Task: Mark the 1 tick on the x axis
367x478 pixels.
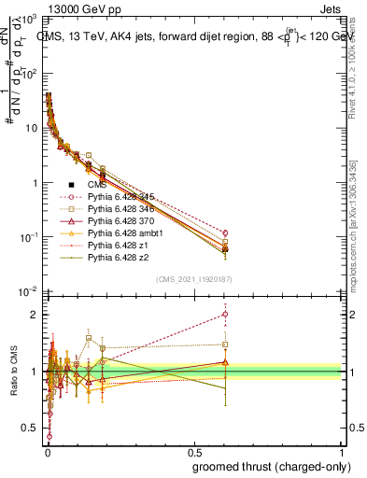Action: [x=343, y=451]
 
